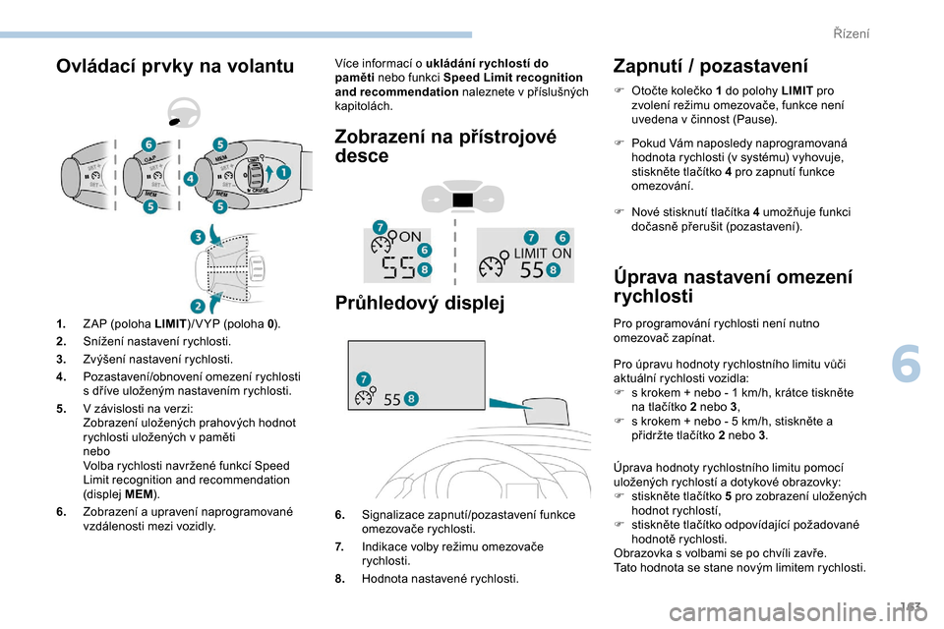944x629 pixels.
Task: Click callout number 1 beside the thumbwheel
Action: (284, 171)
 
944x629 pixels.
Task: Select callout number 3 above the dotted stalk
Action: (197, 237)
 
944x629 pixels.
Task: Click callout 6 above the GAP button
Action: (148, 144)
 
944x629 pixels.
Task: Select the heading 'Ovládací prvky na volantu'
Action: (174, 66)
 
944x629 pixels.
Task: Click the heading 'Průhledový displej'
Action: (419, 303)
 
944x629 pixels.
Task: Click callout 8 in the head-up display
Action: (410, 397)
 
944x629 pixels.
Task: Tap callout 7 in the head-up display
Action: (364, 377)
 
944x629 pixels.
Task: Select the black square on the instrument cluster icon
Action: (461, 200)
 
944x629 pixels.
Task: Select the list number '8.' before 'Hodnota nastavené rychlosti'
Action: (339, 579)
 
